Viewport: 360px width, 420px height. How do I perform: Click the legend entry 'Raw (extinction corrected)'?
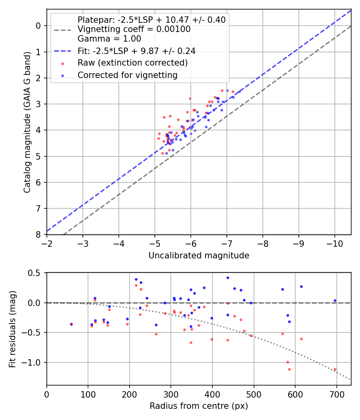[132, 63]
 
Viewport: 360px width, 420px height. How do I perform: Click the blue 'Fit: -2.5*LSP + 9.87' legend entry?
[136, 51]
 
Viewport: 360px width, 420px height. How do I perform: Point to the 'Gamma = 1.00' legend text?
[109, 39]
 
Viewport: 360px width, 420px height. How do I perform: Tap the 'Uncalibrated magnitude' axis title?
[199, 256]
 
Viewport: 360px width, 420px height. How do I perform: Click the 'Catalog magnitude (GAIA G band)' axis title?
[27, 130]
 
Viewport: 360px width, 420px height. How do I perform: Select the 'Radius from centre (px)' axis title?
[199, 406]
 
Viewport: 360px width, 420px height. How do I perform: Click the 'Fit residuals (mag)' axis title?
[13, 329]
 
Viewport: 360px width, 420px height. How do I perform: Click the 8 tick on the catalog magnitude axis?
[38, 234]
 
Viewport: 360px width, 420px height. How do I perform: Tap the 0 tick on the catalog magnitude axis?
[38, 26]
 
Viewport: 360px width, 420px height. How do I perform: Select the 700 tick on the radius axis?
[336, 394]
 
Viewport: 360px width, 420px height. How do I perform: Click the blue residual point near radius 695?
[335, 300]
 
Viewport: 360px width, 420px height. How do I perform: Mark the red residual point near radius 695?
[335, 370]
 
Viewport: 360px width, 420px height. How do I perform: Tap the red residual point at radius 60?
[71, 324]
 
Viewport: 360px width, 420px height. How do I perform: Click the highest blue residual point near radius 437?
[228, 278]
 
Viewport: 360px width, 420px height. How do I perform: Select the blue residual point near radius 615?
[301, 286]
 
